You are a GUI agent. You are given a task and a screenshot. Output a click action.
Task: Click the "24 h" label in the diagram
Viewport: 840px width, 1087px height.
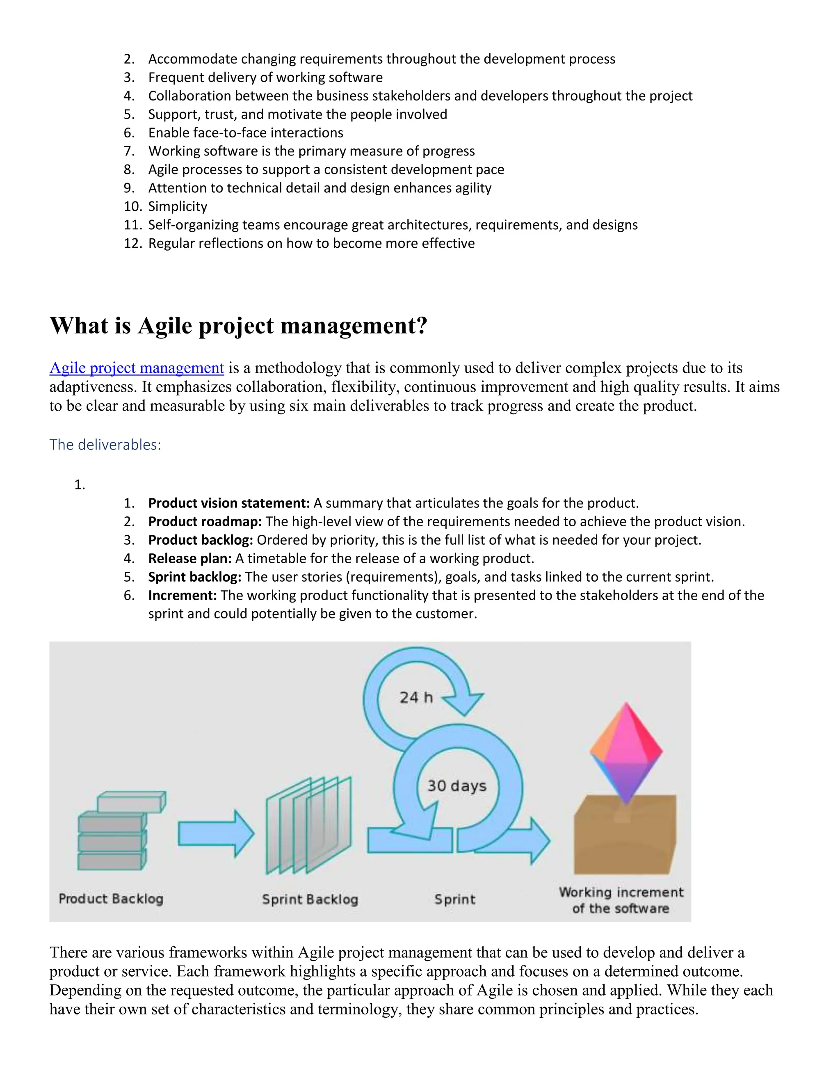coord(416,697)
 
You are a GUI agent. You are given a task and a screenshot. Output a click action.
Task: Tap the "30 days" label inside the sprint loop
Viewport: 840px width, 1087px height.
coord(457,786)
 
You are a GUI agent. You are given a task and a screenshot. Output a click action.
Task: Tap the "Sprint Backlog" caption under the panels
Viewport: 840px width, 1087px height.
coord(310,899)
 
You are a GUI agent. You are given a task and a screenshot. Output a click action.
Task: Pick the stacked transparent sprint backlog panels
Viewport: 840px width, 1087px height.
coord(308,826)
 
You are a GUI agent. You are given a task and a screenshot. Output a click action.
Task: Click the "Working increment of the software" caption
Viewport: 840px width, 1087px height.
coord(621,900)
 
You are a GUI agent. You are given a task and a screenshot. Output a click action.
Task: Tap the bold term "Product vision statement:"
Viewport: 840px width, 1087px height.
coord(229,503)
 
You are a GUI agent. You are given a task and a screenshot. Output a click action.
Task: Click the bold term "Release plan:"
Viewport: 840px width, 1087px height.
coord(189,558)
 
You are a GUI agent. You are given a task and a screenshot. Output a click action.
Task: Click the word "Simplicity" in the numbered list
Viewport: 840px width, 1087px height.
coord(178,207)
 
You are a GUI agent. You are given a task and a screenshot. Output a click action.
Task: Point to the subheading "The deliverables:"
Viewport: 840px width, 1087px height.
coord(105,445)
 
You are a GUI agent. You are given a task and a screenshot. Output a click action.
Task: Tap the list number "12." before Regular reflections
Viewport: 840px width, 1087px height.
coord(133,243)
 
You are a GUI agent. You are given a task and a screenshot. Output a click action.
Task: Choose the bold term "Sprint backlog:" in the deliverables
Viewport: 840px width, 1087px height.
coord(194,577)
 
